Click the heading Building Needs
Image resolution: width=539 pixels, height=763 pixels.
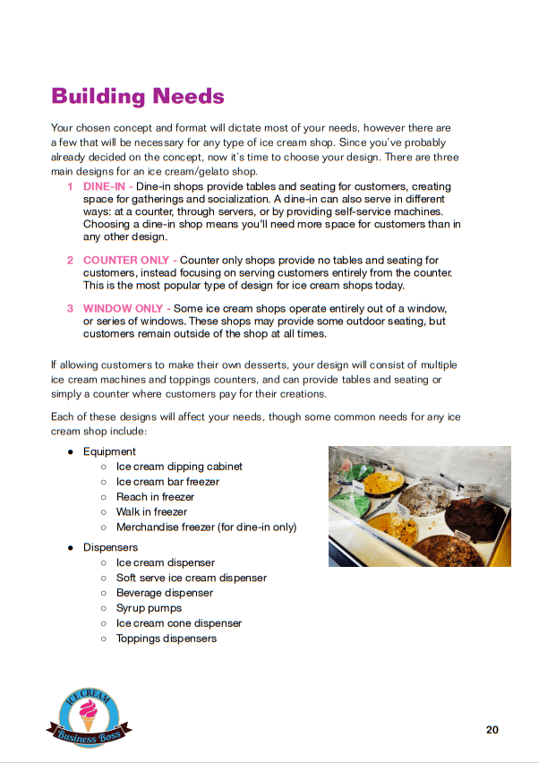(137, 96)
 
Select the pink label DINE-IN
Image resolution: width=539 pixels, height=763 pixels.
(104, 186)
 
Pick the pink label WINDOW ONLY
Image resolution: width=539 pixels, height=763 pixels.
(124, 308)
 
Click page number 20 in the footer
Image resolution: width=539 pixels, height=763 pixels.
(492, 730)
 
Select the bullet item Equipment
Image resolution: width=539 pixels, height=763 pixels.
(109, 451)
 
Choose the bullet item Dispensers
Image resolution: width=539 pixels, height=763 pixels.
(110, 547)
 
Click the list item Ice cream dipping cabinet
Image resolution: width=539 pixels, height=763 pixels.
(179, 467)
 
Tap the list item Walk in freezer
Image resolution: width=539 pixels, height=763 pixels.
(151, 511)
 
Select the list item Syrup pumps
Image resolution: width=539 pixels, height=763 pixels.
(149, 608)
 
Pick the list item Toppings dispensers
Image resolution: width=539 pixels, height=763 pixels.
(166, 639)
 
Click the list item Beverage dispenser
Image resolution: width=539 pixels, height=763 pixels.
(165, 593)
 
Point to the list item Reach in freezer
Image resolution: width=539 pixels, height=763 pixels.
(155, 496)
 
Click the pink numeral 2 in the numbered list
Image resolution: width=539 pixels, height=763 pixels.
(71, 260)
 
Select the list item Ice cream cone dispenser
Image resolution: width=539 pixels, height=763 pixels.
(179, 623)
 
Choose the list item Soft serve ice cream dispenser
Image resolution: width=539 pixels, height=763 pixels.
(191, 578)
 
